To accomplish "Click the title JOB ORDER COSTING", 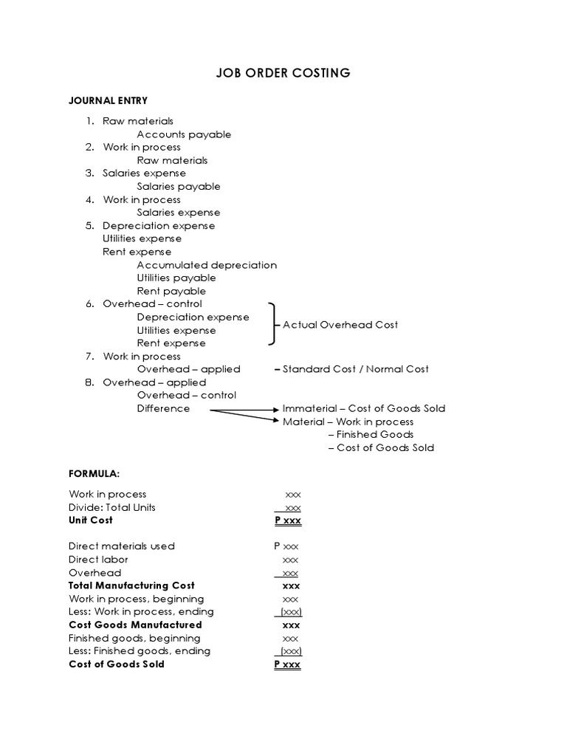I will click(283, 73).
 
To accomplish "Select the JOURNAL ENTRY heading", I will click(108, 100).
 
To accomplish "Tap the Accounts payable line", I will click(184, 134).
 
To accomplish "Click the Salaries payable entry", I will click(179, 187).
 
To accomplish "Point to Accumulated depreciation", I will click(207, 265).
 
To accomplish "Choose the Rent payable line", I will click(171, 291).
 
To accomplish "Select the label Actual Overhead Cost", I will click(340, 325).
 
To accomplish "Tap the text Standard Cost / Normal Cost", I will click(355, 369).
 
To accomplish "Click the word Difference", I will click(163, 408).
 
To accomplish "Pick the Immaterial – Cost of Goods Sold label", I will click(364, 408).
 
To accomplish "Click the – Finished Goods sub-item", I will click(371, 435).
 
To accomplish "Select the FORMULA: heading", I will click(94, 473).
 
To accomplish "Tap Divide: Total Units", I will click(112, 507).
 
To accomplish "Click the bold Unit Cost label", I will click(91, 520).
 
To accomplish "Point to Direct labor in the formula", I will click(98, 560).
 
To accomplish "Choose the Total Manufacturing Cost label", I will click(131, 585).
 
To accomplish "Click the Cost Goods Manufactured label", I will click(135, 625).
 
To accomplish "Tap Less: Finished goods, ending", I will click(140, 651).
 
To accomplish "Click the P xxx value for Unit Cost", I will click(288, 520).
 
